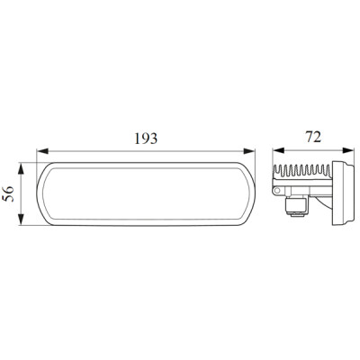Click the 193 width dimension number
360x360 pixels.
pyautogui.click(x=146, y=139)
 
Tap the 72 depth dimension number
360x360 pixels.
pyautogui.click(x=313, y=137)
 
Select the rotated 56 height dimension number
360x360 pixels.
pyautogui.click(x=8, y=193)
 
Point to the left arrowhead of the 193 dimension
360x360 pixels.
pyautogui.click(x=42, y=151)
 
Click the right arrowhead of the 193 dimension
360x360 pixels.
pyautogui.click(x=249, y=151)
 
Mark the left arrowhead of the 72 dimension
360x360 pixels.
pyautogui.click(x=278, y=150)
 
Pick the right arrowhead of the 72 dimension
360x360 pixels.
pyautogui.click(x=348, y=150)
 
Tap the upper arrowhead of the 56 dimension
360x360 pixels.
pyautogui.click(x=21, y=168)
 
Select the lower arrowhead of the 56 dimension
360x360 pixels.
pyautogui.click(x=21, y=220)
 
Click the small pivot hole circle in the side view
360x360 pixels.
pyautogui.click(x=277, y=191)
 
